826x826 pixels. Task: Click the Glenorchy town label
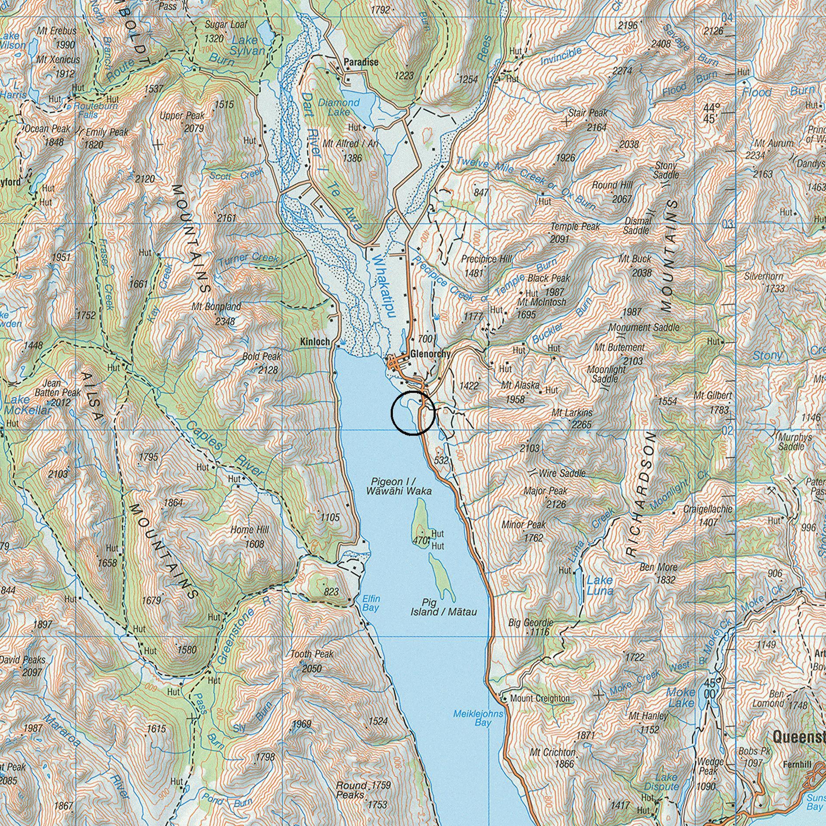(x=430, y=354)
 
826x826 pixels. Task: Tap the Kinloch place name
(x=315, y=342)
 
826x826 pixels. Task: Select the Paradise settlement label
(x=361, y=62)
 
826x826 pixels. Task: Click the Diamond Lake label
(x=339, y=107)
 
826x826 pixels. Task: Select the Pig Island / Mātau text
(x=443, y=607)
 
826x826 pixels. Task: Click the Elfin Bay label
(x=371, y=603)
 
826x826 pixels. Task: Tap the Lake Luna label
(x=600, y=586)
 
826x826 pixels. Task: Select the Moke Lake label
(x=680, y=698)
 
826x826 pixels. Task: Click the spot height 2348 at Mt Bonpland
(x=225, y=322)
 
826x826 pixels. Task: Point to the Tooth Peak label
(x=312, y=654)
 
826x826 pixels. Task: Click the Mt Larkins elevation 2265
(x=581, y=424)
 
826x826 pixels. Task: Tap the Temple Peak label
(x=575, y=227)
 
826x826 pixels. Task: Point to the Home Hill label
(x=250, y=530)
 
